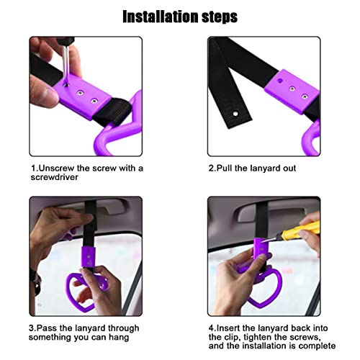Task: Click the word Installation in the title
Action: (155, 15)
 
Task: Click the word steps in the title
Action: (215, 15)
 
